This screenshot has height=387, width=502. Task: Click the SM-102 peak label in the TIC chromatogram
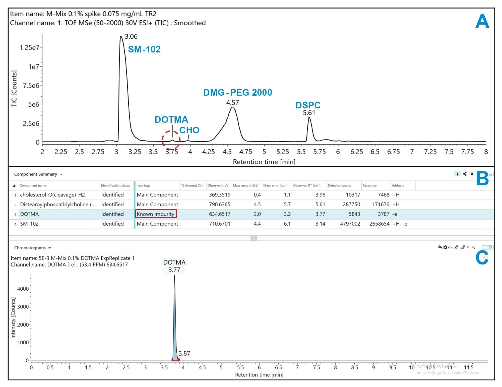144,49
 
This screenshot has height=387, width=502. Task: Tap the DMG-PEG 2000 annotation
237,93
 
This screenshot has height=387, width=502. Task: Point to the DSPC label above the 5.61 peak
308,105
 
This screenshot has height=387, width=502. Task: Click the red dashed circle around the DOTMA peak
171,140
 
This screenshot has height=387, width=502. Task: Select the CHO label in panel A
189,130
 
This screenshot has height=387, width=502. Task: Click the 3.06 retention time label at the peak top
131,37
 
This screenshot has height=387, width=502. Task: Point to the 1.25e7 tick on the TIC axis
29,48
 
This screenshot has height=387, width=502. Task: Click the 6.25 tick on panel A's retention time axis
356,152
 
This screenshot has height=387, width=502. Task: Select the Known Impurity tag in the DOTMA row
156,214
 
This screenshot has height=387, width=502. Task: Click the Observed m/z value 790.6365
219,205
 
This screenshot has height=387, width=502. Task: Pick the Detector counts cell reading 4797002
350,224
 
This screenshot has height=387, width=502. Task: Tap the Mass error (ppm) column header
276,186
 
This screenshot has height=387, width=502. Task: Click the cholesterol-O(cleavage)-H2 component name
52,195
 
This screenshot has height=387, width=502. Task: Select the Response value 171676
381,205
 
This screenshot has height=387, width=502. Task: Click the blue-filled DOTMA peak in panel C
175,334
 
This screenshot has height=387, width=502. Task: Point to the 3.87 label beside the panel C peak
184,354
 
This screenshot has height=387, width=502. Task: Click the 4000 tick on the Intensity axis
23,289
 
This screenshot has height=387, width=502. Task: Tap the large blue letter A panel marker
482,22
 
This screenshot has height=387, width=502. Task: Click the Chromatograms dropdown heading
32,248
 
